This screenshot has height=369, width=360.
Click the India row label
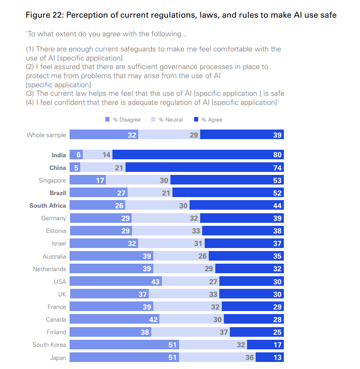coord(58,155)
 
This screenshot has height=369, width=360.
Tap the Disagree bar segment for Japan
coord(121,357)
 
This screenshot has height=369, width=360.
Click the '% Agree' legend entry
coord(208,120)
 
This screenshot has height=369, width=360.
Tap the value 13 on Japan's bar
coord(277,357)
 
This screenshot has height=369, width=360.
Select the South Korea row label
coord(49,345)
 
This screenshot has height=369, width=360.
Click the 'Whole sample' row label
coord(46,135)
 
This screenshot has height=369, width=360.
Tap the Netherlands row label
coord(49,269)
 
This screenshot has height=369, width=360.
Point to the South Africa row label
coord(48,206)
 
